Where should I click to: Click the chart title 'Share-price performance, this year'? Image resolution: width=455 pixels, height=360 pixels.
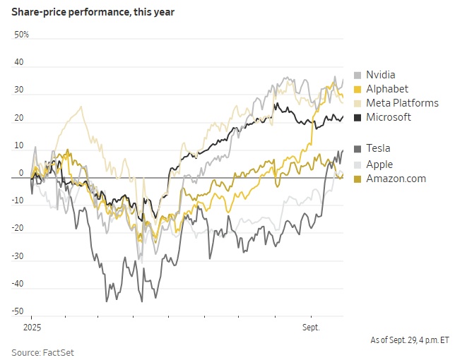[93, 13]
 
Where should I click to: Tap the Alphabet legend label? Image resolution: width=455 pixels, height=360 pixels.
[387, 89]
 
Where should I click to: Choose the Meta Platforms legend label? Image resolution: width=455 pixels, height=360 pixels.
[402, 103]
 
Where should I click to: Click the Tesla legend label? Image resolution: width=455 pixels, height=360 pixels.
[378, 148]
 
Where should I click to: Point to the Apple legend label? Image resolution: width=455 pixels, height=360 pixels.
[379, 164]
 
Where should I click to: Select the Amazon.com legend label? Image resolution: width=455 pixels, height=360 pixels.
[396, 179]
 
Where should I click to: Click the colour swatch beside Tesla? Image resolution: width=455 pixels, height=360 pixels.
[357, 149]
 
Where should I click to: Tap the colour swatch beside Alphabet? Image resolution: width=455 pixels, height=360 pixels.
[357, 90]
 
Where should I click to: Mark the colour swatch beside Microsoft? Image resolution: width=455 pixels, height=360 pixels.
[357, 118]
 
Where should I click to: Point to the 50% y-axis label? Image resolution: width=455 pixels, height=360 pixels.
[22, 34]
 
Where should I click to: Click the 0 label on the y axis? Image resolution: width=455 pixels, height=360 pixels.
[21, 173]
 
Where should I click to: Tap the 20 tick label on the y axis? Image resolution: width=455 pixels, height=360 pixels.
[19, 117]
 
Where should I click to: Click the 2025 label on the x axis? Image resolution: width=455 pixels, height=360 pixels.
[32, 328]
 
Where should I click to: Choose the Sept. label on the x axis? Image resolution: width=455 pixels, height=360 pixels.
[311, 328]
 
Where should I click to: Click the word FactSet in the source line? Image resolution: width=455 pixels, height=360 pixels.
[60, 352]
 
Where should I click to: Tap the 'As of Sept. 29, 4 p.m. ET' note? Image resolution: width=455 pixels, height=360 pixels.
[410, 340]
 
